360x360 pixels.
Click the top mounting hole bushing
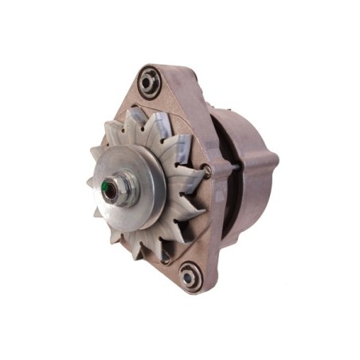149,80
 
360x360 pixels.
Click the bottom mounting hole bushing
190,276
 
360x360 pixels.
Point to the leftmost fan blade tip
91,185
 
